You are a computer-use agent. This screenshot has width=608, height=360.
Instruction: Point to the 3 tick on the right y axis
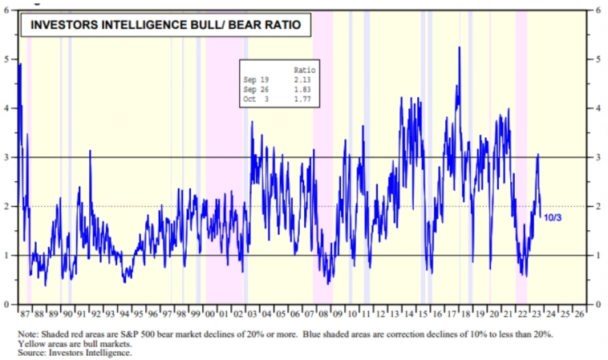(598, 157)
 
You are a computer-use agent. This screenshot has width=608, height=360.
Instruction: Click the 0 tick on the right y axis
(598, 305)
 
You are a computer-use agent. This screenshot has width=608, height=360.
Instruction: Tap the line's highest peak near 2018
(459, 48)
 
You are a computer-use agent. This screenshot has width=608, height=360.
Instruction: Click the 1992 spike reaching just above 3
(90, 152)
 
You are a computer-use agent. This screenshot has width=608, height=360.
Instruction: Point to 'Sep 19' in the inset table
(255, 80)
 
